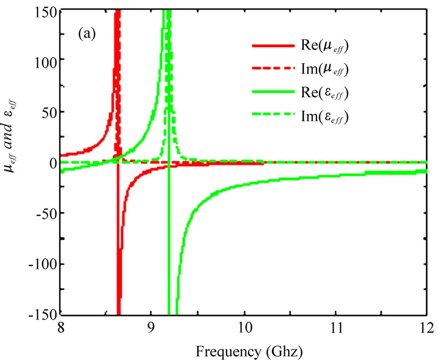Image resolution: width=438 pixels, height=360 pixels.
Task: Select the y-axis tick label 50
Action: tap(45, 112)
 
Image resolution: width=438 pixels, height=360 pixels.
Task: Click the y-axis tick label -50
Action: tap(42, 213)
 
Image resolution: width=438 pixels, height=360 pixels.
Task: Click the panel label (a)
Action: tap(87, 35)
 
